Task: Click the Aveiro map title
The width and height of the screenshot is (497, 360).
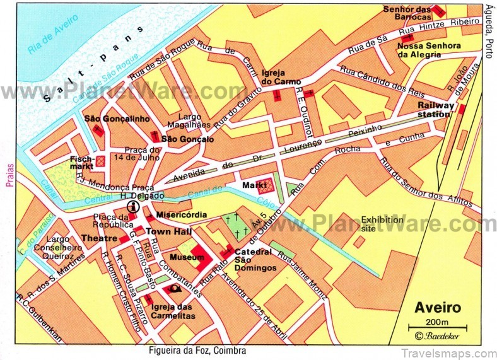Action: coord(437,309)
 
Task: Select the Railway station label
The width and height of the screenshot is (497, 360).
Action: coord(435,110)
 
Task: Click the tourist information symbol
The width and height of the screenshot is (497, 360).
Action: coord(132,206)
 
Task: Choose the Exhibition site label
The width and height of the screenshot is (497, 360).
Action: coord(382,224)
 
